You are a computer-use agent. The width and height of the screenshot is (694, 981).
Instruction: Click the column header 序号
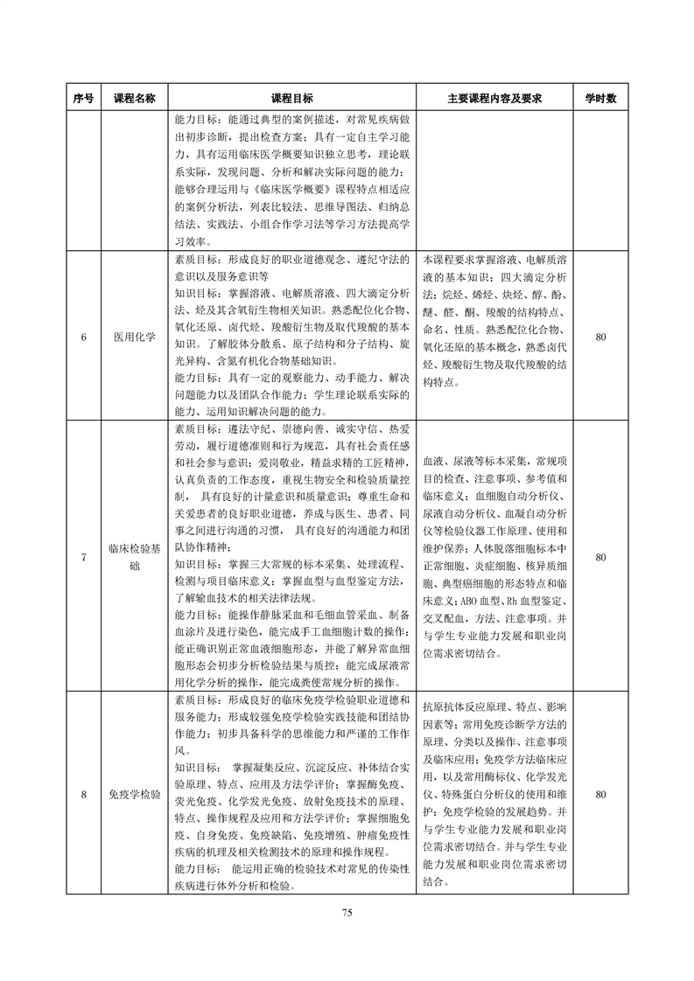click(84, 99)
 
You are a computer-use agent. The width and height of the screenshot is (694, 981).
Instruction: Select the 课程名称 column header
click(135, 99)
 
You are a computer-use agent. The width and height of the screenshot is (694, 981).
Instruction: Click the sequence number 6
click(84, 336)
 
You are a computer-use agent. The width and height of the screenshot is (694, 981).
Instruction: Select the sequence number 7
click(84, 557)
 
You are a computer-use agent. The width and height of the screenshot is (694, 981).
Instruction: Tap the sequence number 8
click(84, 795)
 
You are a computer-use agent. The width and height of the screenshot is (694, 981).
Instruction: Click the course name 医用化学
click(135, 336)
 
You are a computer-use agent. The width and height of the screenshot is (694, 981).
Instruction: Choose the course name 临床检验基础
click(135, 557)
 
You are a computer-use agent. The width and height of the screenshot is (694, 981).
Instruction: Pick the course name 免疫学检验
click(135, 795)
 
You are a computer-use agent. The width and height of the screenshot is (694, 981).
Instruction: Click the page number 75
click(347, 913)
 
